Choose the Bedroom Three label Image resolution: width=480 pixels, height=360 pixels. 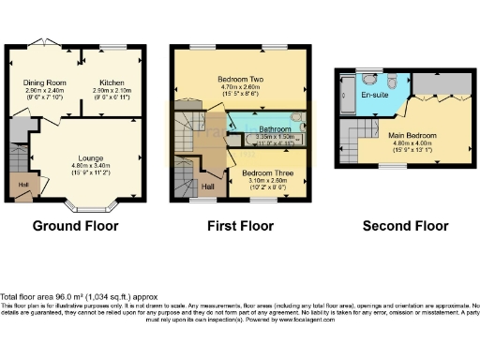264,173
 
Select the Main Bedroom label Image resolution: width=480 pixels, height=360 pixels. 413,135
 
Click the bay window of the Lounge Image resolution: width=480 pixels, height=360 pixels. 91,207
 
